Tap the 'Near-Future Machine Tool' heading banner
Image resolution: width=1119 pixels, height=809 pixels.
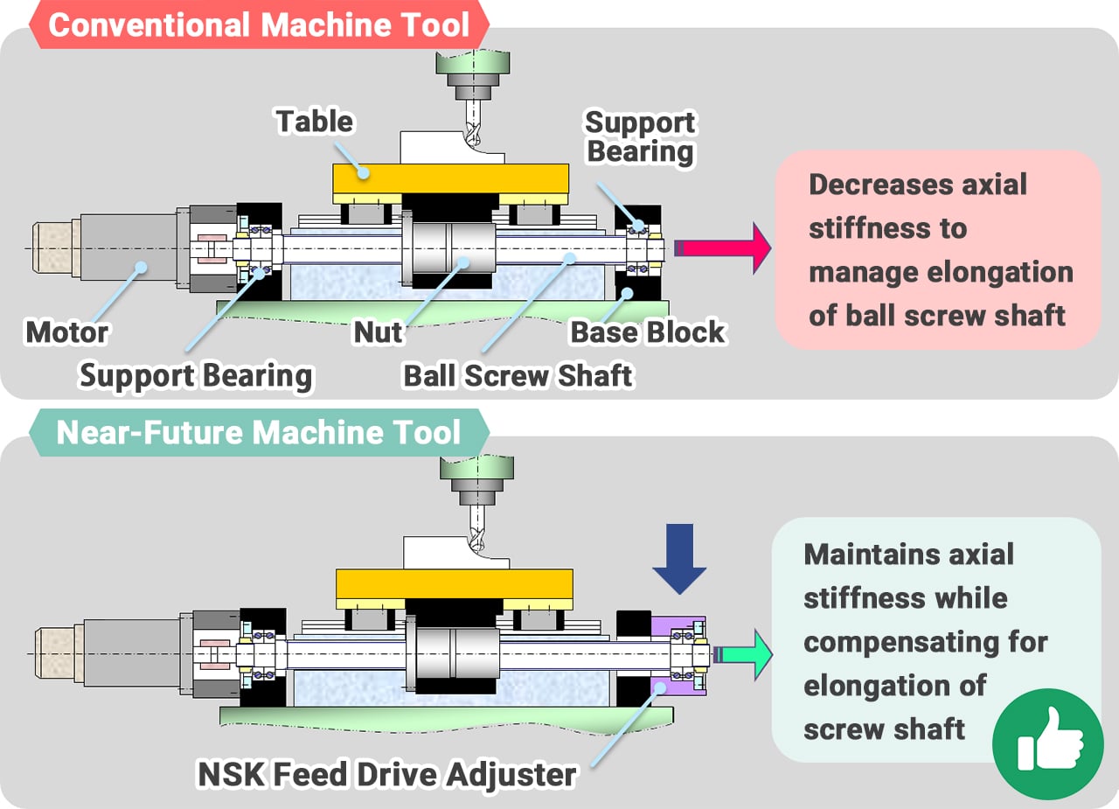click(x=259, y=432)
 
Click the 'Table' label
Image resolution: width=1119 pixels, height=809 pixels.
click(x=315, y=121)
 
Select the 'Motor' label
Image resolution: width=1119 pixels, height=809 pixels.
click(x=67, y=332)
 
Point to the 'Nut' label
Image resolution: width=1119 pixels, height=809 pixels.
click(x=378, y=332)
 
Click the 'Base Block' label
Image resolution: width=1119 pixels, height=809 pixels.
click(x=647, y=332)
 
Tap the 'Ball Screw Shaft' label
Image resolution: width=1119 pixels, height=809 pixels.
click(x=518, y=376)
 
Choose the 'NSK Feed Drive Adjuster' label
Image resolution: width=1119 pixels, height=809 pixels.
click(x=388, y=774)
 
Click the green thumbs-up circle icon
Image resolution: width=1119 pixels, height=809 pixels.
click(x=1047, y=743)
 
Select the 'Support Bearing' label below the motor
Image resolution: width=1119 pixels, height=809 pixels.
click(x=196, y=376)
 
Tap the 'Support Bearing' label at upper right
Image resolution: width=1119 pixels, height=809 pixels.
click(x=640, y=136)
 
